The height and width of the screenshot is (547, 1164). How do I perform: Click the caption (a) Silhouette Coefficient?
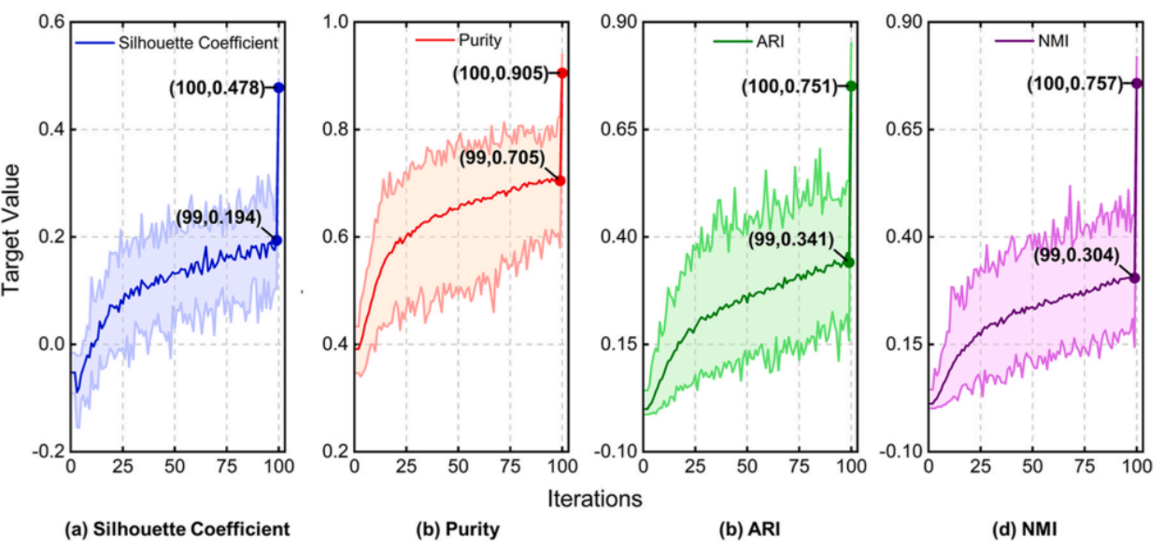click(177, 529)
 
